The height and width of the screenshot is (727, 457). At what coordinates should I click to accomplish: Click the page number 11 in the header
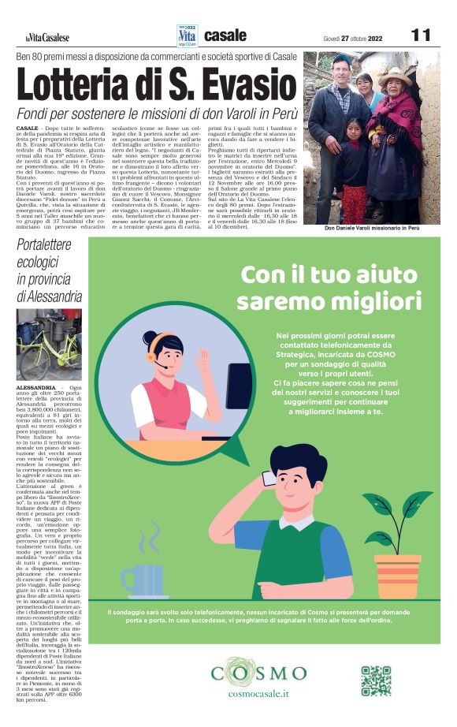421,35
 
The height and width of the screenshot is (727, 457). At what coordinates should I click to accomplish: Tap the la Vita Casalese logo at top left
46,38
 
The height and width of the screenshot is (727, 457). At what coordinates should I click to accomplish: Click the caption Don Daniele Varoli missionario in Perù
372,229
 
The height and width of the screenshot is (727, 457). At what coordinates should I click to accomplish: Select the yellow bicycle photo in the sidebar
49,345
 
